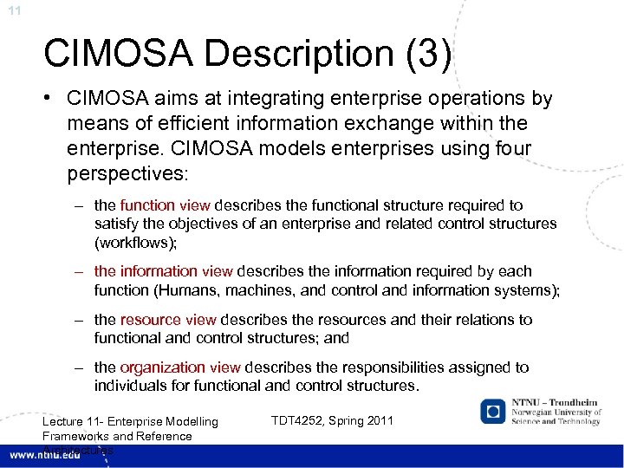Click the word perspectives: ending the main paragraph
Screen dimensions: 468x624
point(127,174)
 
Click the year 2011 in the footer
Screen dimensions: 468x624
point(379,421)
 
